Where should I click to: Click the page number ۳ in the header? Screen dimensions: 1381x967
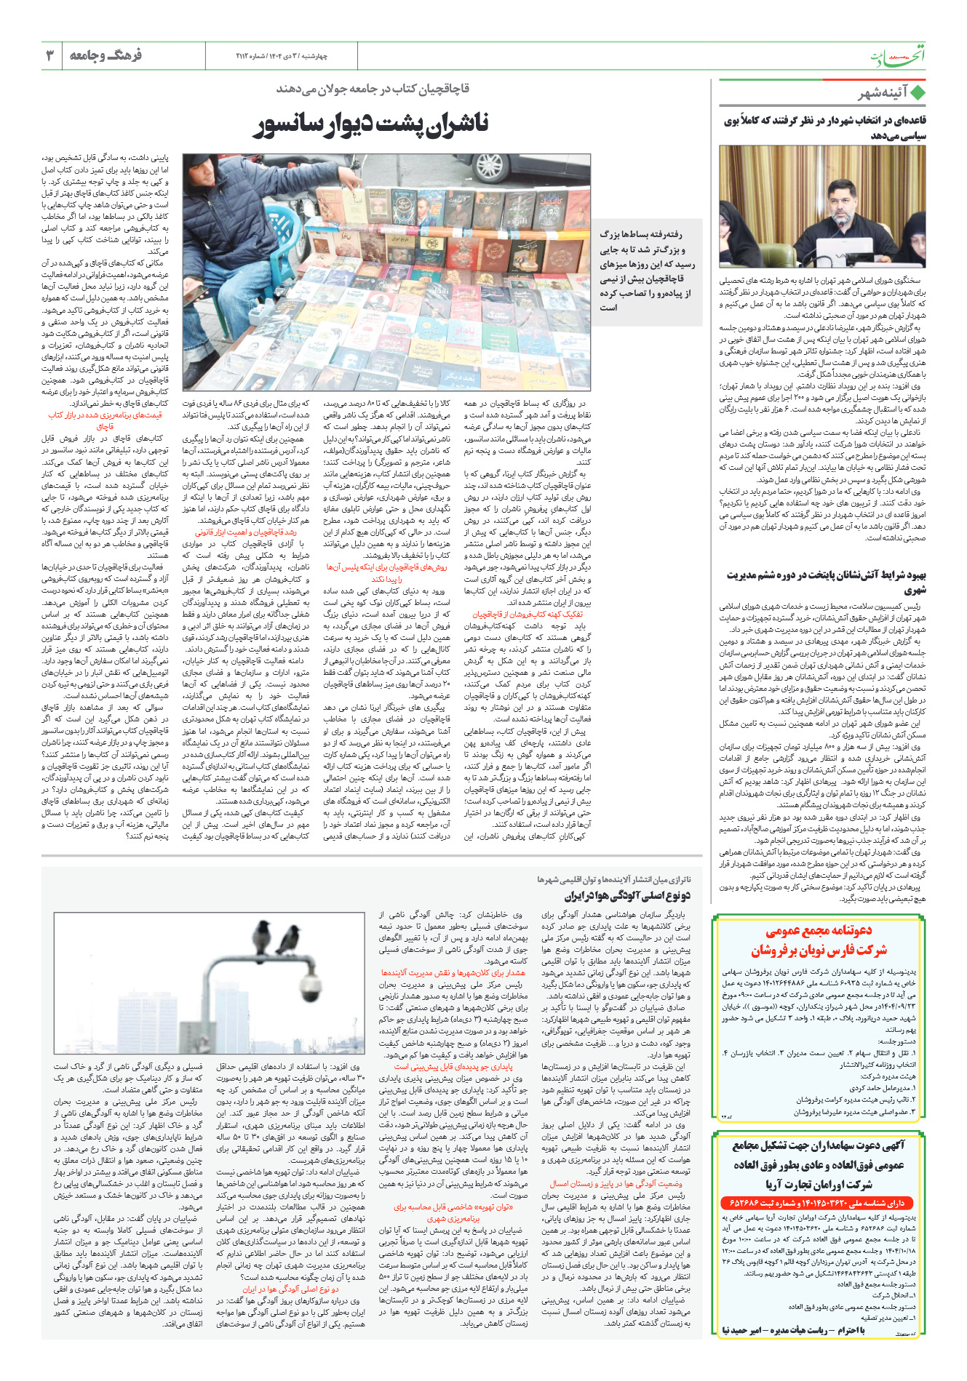(50, 55)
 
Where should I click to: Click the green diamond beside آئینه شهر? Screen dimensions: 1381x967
(918, 93)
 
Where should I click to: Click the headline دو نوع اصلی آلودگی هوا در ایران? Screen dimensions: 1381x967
(628, 896)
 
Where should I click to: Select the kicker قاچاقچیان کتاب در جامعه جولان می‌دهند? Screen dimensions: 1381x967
(373, 89)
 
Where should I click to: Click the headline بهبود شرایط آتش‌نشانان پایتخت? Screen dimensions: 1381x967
(825, 581)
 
